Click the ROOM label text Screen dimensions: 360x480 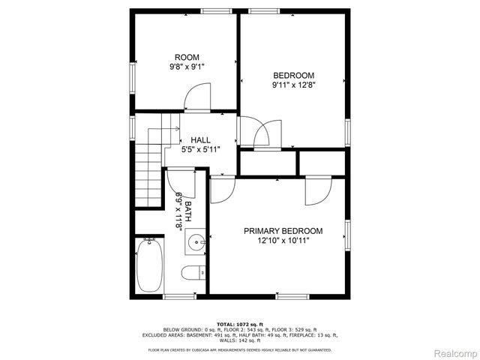coord(187,58)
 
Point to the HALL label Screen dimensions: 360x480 coord(200,140)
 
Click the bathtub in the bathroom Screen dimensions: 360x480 coord(150,268)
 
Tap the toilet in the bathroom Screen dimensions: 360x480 coord(193,272)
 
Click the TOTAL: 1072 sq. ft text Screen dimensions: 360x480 coord(239,322)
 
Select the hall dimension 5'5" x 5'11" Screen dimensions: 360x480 coord(200,150)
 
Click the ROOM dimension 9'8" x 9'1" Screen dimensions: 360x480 coord(187,67)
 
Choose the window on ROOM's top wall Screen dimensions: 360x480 coord(215,10)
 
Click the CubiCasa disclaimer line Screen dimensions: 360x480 coord(239,349)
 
